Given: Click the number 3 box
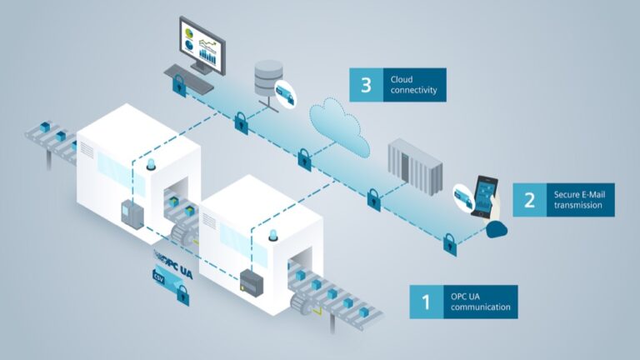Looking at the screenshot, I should tap(366, 84).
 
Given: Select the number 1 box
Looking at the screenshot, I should tap(426, 302).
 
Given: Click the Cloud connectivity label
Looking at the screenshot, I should tap(414, 84).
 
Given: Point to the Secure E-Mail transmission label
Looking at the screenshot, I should tap(580, 200).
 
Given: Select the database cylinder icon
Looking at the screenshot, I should tap(266, 77).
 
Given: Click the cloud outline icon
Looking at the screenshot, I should tap(339, 124).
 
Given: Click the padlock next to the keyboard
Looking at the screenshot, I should tap(178, 82).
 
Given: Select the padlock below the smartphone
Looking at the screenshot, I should tap(450, 242).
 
